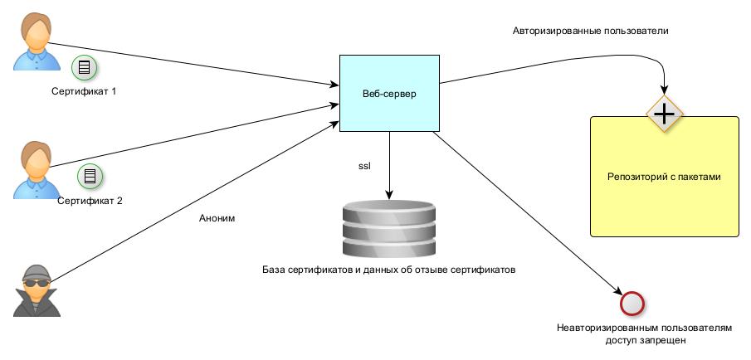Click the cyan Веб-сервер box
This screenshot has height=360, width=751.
(x=389, y=92)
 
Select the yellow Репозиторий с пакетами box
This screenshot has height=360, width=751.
(x=664, y=177)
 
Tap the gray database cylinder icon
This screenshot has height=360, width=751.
(x=388, y=229)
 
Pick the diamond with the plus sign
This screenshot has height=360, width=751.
(x=664, y=112)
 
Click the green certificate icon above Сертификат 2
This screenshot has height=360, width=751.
(x=89, y=175)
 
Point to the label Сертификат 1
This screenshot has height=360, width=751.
(x=82, y=90)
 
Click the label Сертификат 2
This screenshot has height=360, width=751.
(x=90, y=200)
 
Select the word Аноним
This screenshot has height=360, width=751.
(x=218, y=218)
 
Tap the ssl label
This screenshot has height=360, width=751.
(x=364, y=166)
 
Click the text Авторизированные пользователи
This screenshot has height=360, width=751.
(x=590, y=31)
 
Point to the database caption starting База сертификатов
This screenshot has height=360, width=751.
(x=389, y=270)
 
